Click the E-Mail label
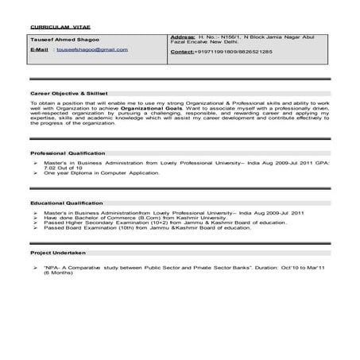[40, 49]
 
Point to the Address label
[183, 38]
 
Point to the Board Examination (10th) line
[103, 230]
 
